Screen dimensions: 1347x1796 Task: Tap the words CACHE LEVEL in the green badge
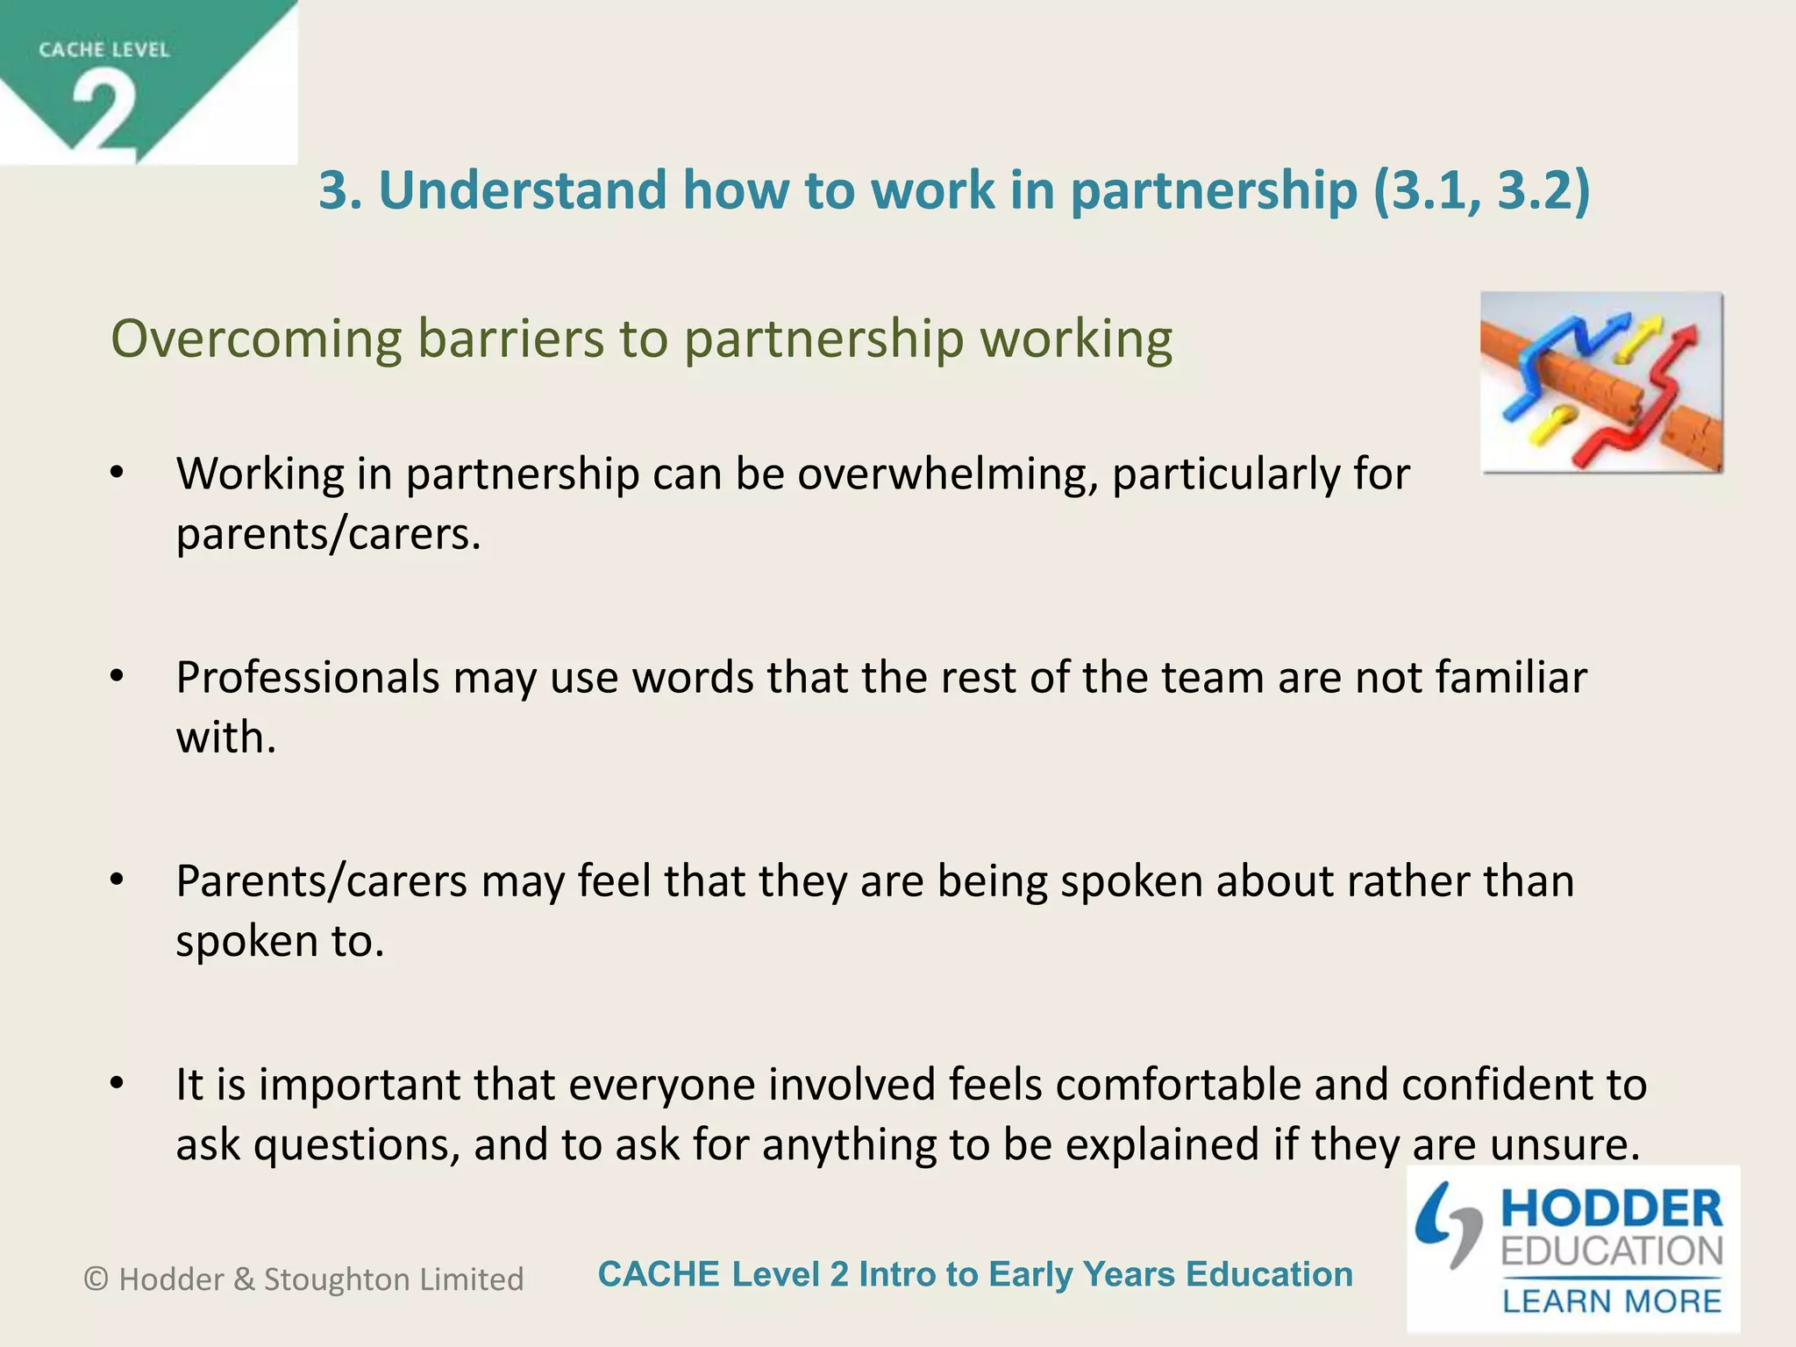click(x=103, y=50)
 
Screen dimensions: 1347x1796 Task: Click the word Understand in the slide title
click(x=523, y=190)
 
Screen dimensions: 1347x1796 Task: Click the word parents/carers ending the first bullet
click(x=328, y=534)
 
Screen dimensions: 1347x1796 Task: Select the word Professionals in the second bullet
click(x=308, y=678)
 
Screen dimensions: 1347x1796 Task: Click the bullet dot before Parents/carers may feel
click(x=118, y=880)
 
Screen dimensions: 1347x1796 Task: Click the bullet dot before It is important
click(x=118, y=1084)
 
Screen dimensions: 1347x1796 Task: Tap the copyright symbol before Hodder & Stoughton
click(x=96, y=1279)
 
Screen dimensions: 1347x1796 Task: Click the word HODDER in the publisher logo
click(x=1612, y=1209)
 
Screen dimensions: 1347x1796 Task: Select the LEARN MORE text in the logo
click(x=1612, y=1301)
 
